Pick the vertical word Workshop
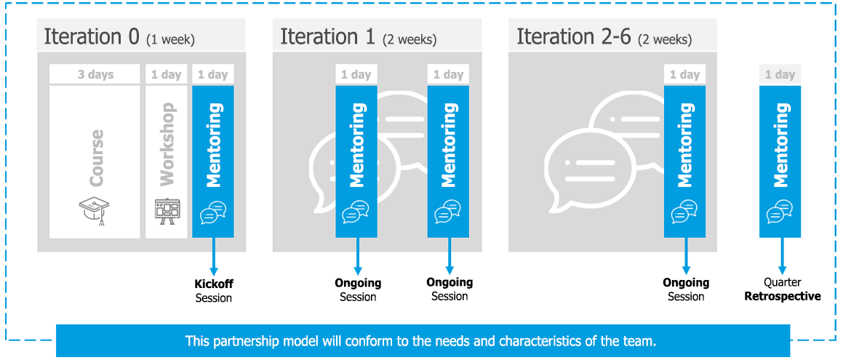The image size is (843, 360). tap(167, 148)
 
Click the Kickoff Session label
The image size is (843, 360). tap(214, 290)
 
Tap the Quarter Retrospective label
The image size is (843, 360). tap(783, 289)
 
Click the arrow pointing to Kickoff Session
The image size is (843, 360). tap(213, 255)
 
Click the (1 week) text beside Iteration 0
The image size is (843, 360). tap(170, 39)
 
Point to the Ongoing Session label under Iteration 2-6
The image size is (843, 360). tap(686, 289)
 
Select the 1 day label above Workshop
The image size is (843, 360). tap(167, 74)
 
